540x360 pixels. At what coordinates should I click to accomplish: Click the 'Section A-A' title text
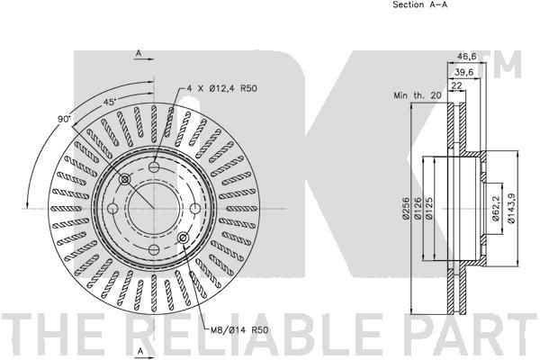coord(419,4)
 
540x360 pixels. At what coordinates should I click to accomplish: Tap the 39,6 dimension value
coord(463,72)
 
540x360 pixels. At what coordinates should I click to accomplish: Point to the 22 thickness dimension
coord(456,85)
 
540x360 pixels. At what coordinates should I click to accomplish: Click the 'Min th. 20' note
coord(417,95)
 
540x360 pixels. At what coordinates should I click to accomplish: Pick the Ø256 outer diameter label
coord(406,209)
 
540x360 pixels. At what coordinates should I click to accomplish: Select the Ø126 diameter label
coord(418,209)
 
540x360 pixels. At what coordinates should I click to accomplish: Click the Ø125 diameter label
coord(429,209)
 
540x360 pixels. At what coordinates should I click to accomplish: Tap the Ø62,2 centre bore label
coord(497,209)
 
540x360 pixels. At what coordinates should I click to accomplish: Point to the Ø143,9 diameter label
coord(512,209)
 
